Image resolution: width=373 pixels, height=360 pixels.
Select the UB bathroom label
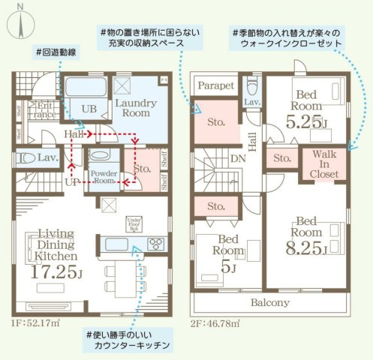coord(89,109)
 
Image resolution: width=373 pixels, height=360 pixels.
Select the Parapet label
coord(217,85)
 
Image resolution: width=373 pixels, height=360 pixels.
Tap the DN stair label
coord(235,160)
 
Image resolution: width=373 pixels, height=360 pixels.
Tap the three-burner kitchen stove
coord(157,243)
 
